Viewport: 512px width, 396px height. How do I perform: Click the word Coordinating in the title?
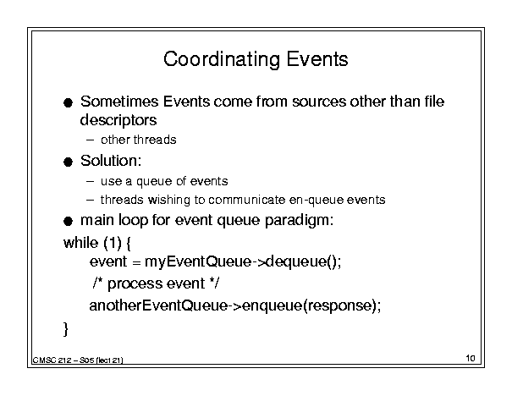coord(222,60)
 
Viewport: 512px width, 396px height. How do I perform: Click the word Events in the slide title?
coord(317,59)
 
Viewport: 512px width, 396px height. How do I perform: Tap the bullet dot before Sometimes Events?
coord(68,103)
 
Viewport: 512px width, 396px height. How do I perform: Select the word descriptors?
coord(118,120)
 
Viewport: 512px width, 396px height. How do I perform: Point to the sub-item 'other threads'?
coord(139,140)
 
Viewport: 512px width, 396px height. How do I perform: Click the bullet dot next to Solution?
coord(68,162)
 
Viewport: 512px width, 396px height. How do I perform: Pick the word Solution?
coord(111,161)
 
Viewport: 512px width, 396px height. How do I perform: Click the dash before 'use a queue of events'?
coord(90,181)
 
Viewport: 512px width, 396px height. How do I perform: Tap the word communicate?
coord(247,200)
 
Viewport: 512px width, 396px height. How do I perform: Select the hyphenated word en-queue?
coord(317,201)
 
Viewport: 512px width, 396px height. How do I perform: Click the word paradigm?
coord(299,221)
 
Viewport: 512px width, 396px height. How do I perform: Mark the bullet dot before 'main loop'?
coord(68,222)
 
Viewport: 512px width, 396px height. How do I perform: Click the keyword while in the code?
coord(80,243)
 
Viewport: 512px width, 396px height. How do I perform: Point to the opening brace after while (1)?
coord(128,244)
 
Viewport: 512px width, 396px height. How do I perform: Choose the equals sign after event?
coord(136,262)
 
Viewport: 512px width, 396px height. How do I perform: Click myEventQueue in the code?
coord(198,262)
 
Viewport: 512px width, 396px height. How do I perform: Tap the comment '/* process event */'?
coord(156,283)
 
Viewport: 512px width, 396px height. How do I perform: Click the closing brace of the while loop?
coord(66,329)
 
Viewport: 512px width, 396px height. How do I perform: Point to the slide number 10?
coord(471,358)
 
